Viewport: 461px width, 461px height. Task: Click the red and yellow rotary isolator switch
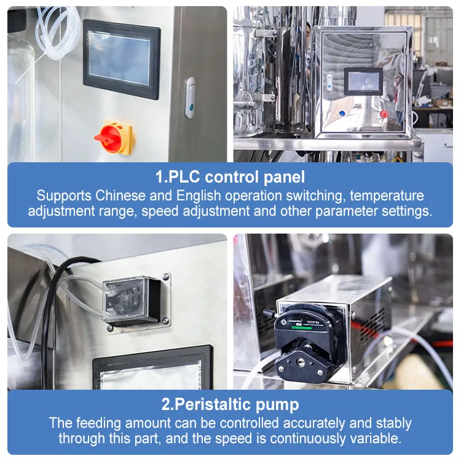pos(114,137)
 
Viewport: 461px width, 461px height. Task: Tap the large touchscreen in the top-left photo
pos(122,60)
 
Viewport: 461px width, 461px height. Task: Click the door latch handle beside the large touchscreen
pos(190,98)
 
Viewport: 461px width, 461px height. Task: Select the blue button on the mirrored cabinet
pos(342,113)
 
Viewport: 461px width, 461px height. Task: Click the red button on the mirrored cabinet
pos(384,114)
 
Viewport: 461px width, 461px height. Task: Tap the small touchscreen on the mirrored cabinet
pos(363,81)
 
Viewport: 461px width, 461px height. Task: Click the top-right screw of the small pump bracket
pos(166,277)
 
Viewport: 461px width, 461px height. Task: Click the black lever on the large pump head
pos(270,313)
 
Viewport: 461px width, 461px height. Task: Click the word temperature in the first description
pos(387,196)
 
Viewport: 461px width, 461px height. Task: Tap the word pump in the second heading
pos(277,405)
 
